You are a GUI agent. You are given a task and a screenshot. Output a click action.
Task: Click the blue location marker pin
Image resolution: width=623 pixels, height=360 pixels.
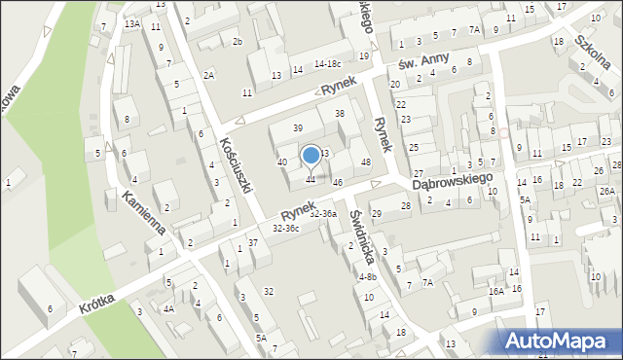pyautogui.click(x=311, y=156)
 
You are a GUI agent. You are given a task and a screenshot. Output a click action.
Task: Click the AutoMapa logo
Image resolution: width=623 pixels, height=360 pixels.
pyautogui.click(x=560, y=340)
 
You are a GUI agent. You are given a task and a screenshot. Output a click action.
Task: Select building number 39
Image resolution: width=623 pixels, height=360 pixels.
pyautogui.click(x=298, y=128)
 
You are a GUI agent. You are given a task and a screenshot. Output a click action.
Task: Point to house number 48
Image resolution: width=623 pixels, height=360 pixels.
pyautogui.click(x=366, y=162)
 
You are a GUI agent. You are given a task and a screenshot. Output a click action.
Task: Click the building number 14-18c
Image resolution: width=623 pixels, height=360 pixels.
pyautogui.click(x=327, y=63)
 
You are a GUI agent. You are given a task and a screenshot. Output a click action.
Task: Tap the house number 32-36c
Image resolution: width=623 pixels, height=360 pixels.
pyautogui.click(x=286, y=228)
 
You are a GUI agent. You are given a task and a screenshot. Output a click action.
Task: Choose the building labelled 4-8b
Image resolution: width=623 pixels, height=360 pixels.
pyautogui.click(x=367, y=276)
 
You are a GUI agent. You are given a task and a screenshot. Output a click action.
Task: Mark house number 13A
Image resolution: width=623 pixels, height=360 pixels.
pyautogui.click(x=132, y=22)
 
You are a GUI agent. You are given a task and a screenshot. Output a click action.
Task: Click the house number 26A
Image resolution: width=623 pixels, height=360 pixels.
pyautogui.click(x=607, y=191)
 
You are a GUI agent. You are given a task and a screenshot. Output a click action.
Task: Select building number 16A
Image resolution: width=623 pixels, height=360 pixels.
pyautogui.click(x=496, y=290)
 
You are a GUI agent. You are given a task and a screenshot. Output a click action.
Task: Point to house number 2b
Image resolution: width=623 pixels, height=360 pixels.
pyautogui.click(x=237, y=41)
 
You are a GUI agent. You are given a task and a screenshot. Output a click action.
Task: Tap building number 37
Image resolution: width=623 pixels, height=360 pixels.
pyautogui.click(x=252, y=242)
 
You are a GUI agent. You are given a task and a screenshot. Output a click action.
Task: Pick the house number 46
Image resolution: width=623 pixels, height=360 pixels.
pyautogui.click(x=338, y=182)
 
